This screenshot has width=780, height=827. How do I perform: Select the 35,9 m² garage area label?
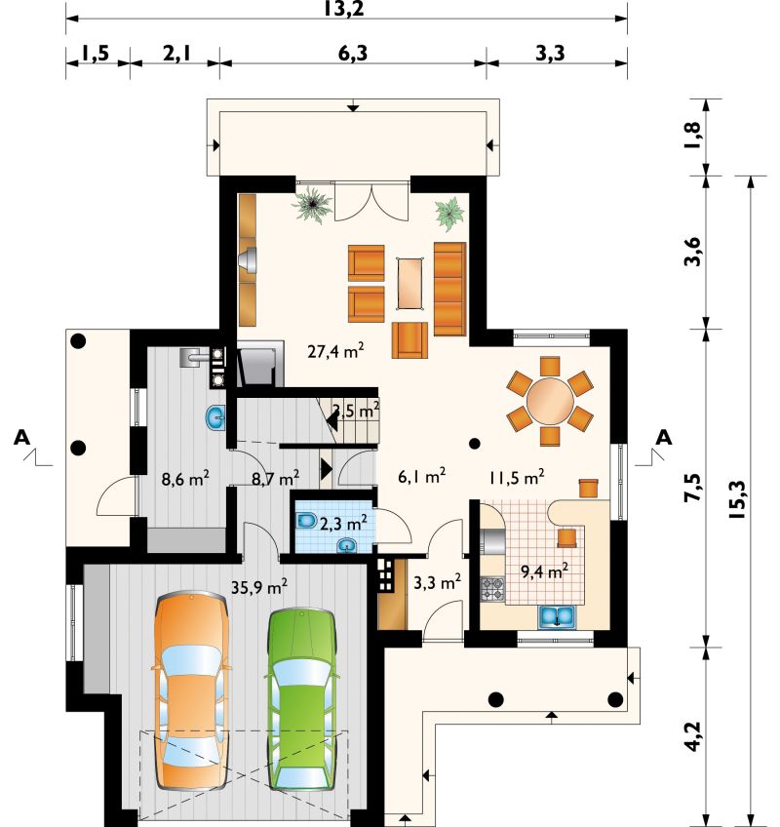click(x=259, y=586)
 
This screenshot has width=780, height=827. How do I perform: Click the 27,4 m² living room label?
click(x=336, y=350)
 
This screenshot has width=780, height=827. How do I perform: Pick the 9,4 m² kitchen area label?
click(x=544, y=571)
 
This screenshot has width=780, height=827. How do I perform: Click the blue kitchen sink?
click(x=557, y=617)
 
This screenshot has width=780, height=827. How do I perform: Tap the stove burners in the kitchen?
click(x=492, y=590)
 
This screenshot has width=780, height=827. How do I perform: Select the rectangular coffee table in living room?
click(x=410, y=283)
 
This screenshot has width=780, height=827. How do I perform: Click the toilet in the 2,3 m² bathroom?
click(x=305, y=521)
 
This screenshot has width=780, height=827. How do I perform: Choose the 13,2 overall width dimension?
click(x=344, y=9)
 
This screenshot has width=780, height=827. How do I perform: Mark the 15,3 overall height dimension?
click(x=737, y=499)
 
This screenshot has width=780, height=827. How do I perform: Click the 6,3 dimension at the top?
click(x=353, y=53)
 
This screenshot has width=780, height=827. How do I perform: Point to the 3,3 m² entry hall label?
click(x=437, y=582)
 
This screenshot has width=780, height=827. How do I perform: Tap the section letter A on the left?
click(x=21, y=437)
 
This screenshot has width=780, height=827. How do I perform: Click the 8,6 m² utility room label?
click(x=185, y=479)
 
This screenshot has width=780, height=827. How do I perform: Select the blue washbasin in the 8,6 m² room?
click(x=215, y=417)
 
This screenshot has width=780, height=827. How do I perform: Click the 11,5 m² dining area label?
click(x=517, y=477)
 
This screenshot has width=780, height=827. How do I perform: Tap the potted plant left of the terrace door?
click(x=313, y=204)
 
